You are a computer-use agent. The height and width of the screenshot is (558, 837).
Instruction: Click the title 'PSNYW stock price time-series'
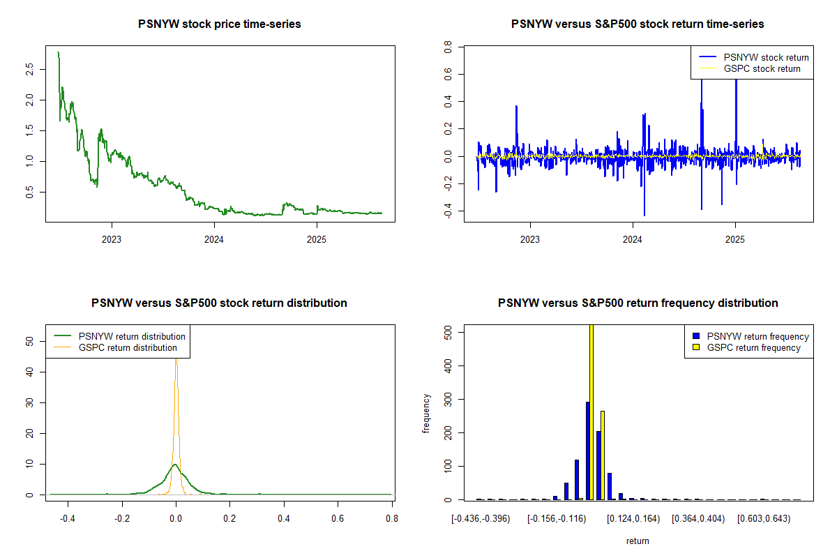click(220, 24)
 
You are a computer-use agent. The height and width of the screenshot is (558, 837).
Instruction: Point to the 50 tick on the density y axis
click(29, 341)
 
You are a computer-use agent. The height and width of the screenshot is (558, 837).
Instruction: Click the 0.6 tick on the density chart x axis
click(338, 519)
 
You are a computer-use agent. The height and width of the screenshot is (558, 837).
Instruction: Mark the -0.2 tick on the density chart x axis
click(122, 519)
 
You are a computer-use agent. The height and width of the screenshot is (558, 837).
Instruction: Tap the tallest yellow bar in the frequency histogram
click(591, 412)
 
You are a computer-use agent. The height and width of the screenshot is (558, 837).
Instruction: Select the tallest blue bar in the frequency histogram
click(587, 451)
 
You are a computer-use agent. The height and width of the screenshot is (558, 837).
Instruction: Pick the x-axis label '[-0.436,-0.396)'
click(481, 519)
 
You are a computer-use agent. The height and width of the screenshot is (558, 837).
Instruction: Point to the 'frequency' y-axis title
click(426, 413)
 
